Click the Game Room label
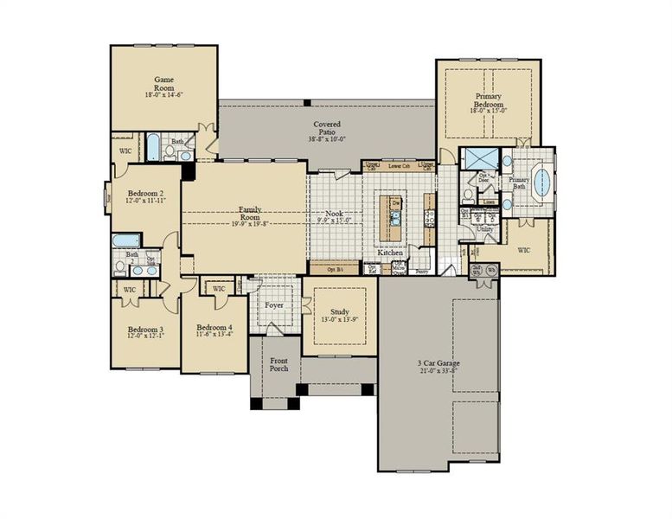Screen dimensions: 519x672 [164, 84]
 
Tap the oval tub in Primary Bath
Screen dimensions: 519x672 [542, 183]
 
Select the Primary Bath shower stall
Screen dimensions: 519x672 [475, 160]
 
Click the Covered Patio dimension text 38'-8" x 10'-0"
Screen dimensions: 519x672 [325, 138]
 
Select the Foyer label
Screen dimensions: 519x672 [274, 305]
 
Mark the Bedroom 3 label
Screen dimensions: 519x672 [145, 330]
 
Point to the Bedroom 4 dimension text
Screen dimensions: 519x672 [214, 336]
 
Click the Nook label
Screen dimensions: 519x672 [334, 213]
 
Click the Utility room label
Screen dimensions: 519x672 [484, 230]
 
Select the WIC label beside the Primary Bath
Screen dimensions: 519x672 [524, 250]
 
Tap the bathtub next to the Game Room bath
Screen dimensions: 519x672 [153, 148]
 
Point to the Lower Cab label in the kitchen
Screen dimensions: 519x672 [399, 165]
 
